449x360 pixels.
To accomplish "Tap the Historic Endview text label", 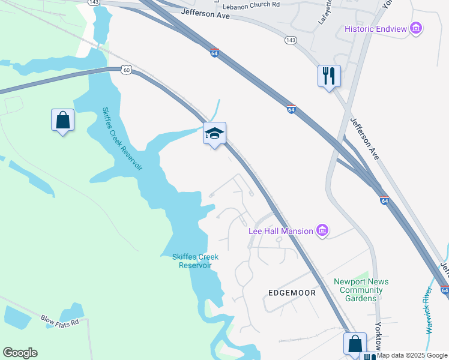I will (x=376, y=29).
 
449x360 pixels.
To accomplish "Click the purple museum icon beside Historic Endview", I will (x=416, y=28).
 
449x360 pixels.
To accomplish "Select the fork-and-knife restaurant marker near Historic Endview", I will (x=329, y=76).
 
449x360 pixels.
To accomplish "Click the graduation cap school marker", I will (x=214, y=133).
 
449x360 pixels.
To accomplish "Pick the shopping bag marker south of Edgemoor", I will (x=355, y=344).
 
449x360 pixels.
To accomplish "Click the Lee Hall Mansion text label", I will (x=281, y=231).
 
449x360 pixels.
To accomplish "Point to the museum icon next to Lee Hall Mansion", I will (x=322, y=230).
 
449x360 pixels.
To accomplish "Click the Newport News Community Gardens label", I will (x=361, y=290).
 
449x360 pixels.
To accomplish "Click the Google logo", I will (x=20, y=353).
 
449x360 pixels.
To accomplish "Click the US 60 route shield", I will (x=125, y=70).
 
